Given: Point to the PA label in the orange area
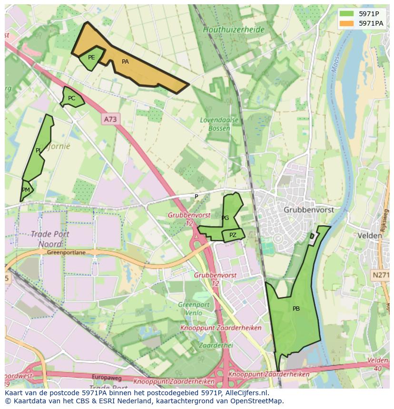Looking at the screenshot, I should pos(125,62).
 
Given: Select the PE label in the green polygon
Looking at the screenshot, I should pos(91,57).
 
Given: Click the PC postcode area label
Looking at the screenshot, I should pos(71,98).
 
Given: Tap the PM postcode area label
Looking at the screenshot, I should pos(26,190).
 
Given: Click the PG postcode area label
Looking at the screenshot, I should pos(225,218).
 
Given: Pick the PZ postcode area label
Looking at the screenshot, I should pos(233,235).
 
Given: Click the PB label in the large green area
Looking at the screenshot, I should pos(296,309).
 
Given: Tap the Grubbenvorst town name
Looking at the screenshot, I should pos(308,209).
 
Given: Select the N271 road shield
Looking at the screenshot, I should pos(381,275).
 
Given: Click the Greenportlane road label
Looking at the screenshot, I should pos(66,253).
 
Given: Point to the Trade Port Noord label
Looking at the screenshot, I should pos(50,239).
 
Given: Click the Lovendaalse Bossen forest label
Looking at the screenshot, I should pos(219,124).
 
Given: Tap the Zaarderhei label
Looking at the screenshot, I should pos(216,345).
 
